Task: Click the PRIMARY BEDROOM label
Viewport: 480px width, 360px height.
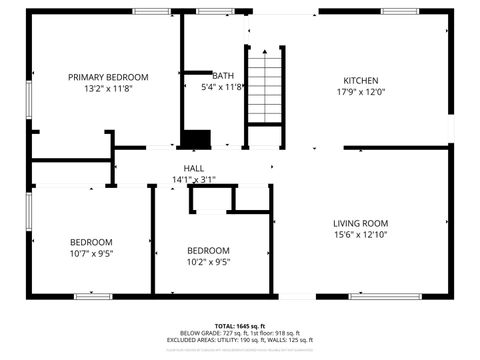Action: pyautogui.click(x=108, y=77)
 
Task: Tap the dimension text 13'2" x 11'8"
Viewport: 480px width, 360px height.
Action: pyautogui.click(x=108, y=89)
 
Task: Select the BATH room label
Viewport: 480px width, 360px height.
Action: pyautogui.click(x=223, y=76)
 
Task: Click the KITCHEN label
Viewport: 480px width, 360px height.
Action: pyautogui.click(x=361, y=81)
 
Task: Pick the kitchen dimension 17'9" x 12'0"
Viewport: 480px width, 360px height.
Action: pyautogui.click(x=361, y=93)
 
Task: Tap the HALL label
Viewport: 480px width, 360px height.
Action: pyautogui.click(x=193, y=168)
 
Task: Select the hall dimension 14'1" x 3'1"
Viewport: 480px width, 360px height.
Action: pyautogui.click(x=193, y=180)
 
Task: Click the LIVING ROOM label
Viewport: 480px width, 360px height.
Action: pyautogui.click(x=360, y=223)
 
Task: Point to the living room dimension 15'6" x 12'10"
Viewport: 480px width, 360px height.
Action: pyautogui.click(x=360, y=235)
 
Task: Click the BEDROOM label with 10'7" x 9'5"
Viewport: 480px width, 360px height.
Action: pyautogui.click(x=91, y=242)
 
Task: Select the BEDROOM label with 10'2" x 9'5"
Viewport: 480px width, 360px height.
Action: pyautogui.click(x=208, y=250)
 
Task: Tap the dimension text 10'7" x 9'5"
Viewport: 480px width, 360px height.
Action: pyautogui.click(x=91, y=254)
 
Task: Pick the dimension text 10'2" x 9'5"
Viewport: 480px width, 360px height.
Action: pyautogui.click(x=208, y=262)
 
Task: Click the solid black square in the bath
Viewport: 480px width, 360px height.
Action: pyautogui.click(x=197, y=140)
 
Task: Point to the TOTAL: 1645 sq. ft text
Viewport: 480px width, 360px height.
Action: pyautogui.click(x=240, y=325)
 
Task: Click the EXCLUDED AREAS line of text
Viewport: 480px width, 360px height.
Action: pyautogui.click(x=240, y=340)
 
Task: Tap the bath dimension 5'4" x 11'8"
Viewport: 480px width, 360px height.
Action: pyautogui.click(x=223, y=87)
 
